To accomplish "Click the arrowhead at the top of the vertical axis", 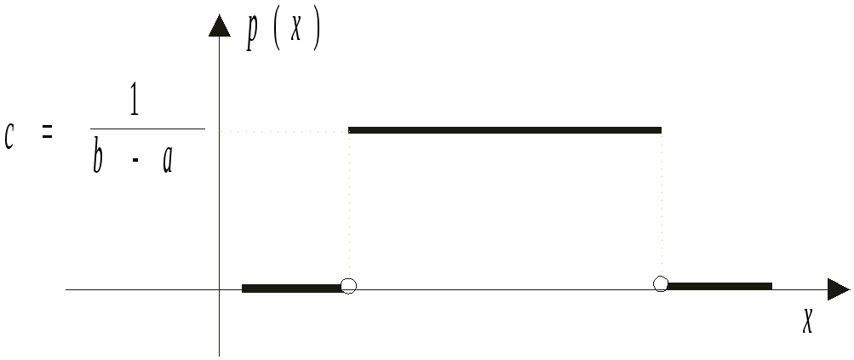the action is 219,26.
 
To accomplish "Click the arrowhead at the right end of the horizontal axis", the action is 838,289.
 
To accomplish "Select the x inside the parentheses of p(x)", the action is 295,33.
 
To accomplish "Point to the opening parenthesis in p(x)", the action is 275,33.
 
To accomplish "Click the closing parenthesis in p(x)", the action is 315,33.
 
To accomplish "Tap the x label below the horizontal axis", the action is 807,321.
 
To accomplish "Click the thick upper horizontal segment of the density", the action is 505,130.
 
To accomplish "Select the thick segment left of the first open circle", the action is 291,288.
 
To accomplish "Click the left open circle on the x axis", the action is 347,286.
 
